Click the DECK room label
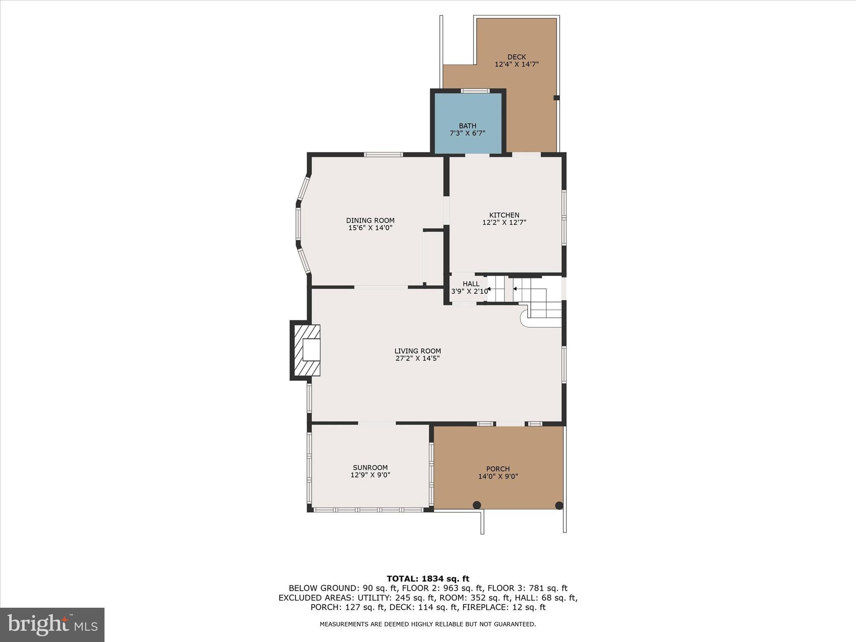click(517, 57)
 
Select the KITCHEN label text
click(504, 215)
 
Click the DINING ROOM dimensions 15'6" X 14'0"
click(370, 228)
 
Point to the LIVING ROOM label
click(418, 351)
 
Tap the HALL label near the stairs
click(471, 284)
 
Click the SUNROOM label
click(370, 468)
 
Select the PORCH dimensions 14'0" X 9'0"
click(498, 476)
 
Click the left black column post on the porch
click(477, 505)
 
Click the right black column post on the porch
click(559, 505)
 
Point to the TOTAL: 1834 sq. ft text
click(428, 579)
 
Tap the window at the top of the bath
click(475, 91)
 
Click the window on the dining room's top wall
click(383, 155)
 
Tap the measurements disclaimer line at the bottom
click(428, 624)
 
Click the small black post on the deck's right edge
click(556, 98)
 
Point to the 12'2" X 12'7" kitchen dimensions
click(504, 223)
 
